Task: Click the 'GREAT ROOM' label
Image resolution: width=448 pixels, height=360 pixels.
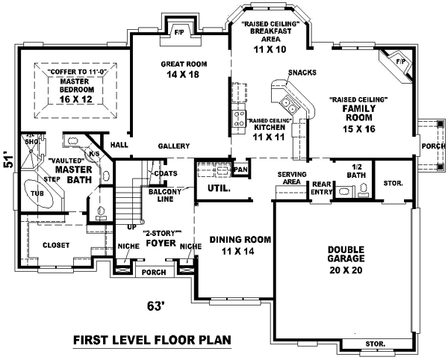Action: [x=184, y=64]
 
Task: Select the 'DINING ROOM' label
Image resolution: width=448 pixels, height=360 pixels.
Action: [x=239, y=240]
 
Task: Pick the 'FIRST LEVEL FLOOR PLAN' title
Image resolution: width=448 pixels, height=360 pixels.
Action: [x=152, y=340]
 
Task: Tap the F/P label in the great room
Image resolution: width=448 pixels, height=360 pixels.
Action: [x=179, y=33]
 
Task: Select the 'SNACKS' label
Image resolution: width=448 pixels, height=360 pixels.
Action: [x=301, y=72]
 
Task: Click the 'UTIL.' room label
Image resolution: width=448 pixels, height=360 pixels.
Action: [x=219, y=190]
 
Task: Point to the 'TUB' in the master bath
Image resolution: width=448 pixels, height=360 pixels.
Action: [x=37, y=193]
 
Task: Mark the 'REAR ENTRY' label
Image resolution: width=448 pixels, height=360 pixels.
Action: [x=322, y=187]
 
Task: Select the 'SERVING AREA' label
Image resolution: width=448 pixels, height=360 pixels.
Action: [x=292, y=178]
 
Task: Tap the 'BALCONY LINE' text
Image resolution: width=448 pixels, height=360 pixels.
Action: [x=164, y=196]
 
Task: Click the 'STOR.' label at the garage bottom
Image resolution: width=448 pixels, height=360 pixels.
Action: [x=375, y=344]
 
